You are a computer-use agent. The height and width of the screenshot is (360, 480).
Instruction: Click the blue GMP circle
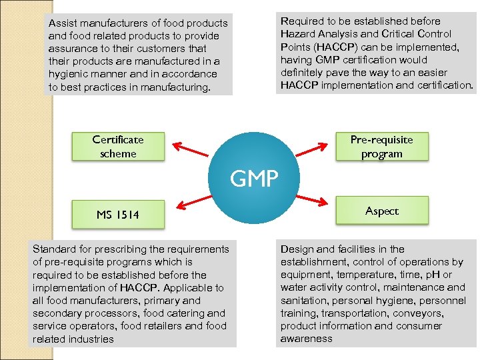click(254, 177)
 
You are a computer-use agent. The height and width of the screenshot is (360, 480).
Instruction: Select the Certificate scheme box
click(118, 147)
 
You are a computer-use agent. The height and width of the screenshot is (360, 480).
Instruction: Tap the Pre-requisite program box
click(381, 147)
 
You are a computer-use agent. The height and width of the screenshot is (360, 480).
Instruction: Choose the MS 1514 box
click(118, 215)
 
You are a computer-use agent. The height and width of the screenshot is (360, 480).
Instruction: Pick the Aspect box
click(381, 211)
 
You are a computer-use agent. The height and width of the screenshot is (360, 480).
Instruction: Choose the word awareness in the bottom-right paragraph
click(306, 339)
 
